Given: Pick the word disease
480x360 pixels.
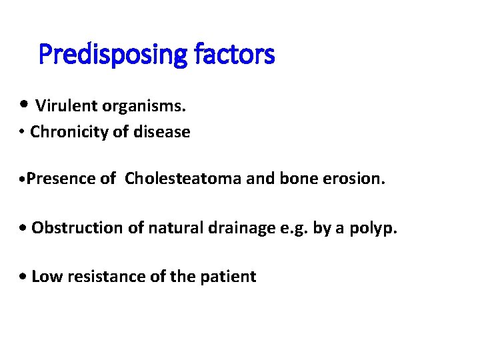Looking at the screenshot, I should [x=163, y=132].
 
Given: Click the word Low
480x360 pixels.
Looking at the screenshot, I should [x=45, y=277].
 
